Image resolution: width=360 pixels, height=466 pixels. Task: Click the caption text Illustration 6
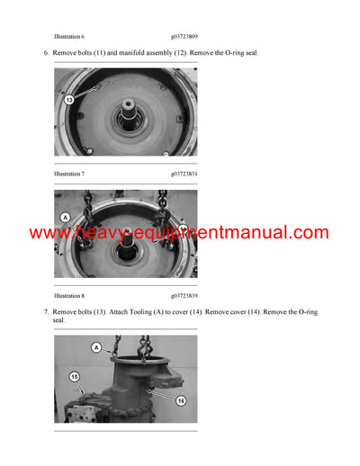point(69,36)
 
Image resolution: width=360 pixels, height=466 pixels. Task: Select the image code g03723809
point(186,36)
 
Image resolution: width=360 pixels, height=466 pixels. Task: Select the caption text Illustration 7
point(69,173)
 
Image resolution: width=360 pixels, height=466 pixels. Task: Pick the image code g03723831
point(186,173)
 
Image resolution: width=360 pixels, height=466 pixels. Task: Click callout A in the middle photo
point(65,217)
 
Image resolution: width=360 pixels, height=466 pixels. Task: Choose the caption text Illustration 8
point(69,295)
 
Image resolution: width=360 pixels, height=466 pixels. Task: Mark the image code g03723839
point(186,295)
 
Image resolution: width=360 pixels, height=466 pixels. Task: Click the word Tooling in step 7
point(159,312)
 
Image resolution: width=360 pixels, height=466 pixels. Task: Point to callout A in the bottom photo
point(96,346)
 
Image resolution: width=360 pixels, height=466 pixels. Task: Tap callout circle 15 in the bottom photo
point(74,376)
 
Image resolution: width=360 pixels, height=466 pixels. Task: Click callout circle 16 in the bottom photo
point(180,400)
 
